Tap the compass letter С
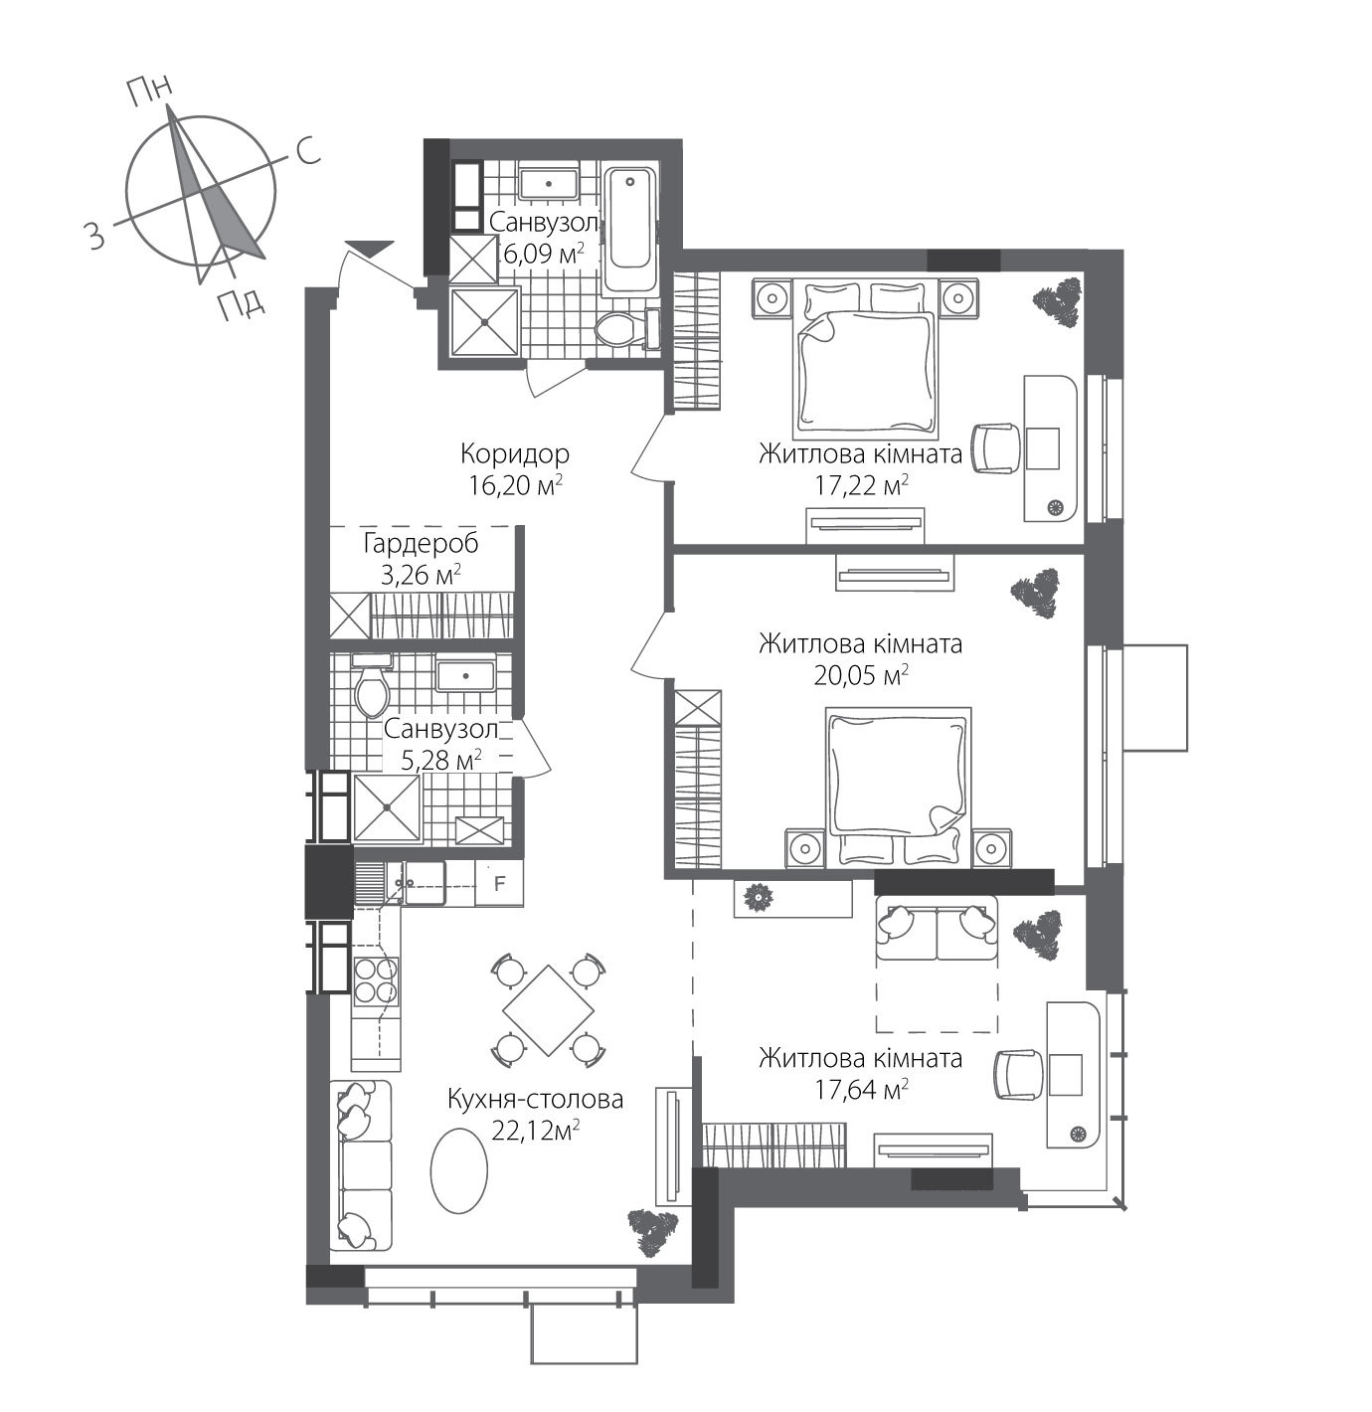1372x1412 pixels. (307, 151)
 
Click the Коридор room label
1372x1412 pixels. (514, 454)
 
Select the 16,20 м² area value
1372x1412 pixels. (514, 485)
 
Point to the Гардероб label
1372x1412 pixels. (421, 544)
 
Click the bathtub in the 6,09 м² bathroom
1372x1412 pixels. (630, 232)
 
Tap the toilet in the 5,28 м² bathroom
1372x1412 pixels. (373, 686)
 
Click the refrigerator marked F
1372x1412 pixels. (500, 883)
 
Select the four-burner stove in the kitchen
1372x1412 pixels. (377, 979)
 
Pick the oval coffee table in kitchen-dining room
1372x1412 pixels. (459, 1169)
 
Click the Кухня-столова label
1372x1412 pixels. (535, 1099)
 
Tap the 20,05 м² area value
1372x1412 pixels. (860, 675)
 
